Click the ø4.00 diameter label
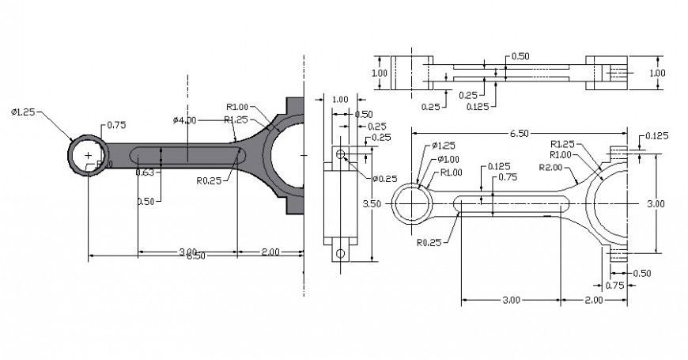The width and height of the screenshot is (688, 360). (184, 120)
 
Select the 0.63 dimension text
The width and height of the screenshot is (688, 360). (145, 172)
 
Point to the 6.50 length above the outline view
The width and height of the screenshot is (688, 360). (519, 134)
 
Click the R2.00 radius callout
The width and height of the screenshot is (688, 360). (550, 168)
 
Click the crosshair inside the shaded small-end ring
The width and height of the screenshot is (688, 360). (88, 155)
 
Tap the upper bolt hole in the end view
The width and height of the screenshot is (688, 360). (341, 153)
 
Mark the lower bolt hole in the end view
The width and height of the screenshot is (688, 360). (341, 253)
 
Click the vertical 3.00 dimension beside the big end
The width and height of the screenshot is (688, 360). (656, 204)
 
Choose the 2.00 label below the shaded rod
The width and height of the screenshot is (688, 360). (270, 252)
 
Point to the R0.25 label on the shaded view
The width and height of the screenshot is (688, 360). (208, 180)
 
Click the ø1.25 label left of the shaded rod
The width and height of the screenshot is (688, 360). (25, 111)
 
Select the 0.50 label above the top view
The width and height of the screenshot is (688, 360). (520, 56)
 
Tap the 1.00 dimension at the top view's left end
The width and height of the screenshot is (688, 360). (380, 73)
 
